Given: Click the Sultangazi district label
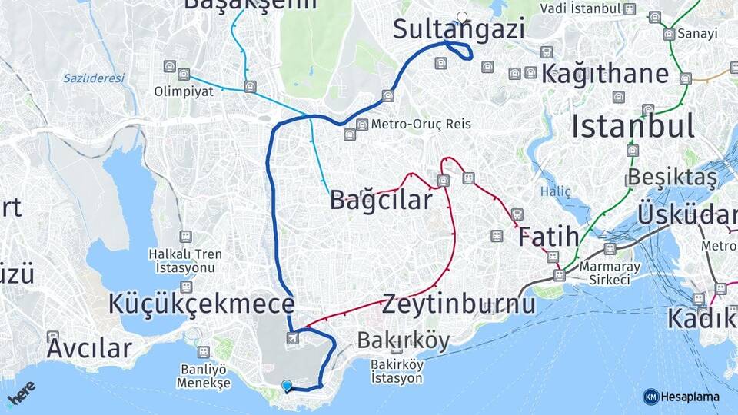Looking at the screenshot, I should pos(459,30).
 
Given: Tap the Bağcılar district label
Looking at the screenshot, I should pos(381,200).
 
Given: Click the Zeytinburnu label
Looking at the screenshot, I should pos(458,303).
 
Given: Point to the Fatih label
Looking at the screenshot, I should pos(547,237).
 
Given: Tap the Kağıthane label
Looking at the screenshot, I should pos(605,75).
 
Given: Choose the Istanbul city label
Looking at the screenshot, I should pos(633,125).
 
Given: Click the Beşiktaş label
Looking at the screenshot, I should pos(672,178).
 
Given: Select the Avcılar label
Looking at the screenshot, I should pos(89,348).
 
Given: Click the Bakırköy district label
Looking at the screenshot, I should pos(403,340).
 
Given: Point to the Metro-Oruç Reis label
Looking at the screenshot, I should pos(421,124).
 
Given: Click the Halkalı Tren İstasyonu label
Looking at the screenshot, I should pos(184,261).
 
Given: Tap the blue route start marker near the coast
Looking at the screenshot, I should pos(287,386).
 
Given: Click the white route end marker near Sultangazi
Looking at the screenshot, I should pos(461,16).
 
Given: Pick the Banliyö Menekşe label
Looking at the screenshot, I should pos(203,376).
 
